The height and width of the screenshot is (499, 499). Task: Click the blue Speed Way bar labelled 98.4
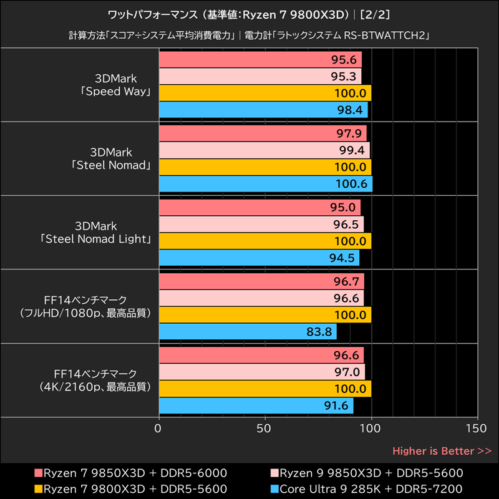click(263, 110)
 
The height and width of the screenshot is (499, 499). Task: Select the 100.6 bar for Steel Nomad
click(266, 184)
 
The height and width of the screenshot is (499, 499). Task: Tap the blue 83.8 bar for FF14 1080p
click(248, 332)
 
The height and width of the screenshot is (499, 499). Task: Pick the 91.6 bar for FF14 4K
click(256, 405)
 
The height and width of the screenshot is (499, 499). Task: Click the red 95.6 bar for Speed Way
click(260, 60)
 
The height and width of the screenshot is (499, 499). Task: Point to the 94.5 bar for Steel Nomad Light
click(259, 258)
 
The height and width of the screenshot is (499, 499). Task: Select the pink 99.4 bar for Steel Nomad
click(264, 150)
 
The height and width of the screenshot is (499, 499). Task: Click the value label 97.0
click(347, 372)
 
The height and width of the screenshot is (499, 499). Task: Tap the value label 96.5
click(346, 225)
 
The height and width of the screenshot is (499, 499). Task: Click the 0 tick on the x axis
click(158, 429)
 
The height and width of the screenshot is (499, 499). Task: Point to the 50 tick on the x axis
click(265, 429)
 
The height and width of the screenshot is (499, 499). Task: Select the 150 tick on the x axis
click(477, 429)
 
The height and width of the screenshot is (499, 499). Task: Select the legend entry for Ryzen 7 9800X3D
click(130, 488)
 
